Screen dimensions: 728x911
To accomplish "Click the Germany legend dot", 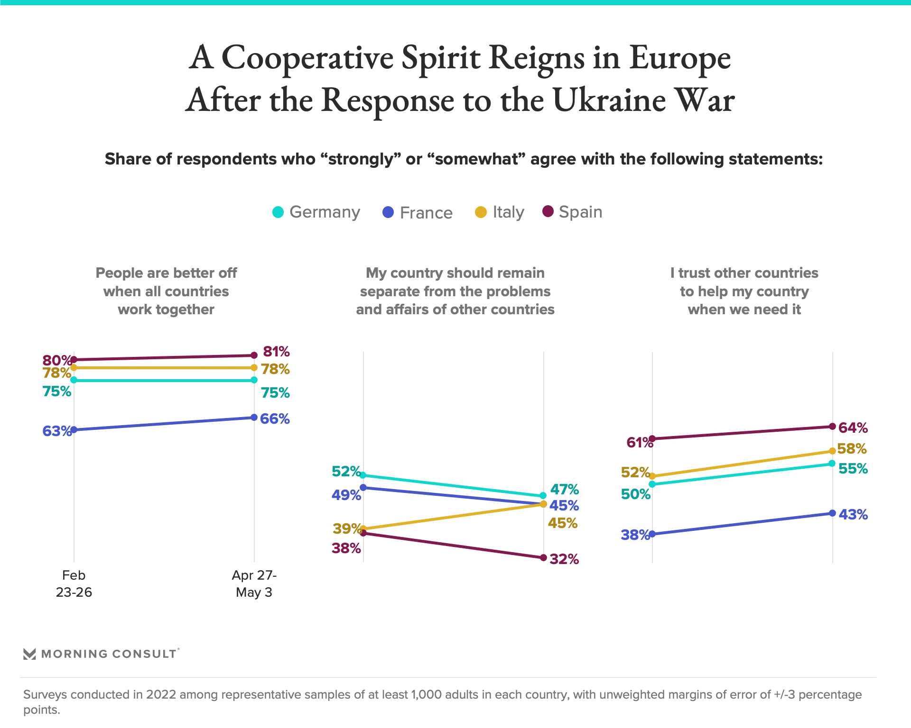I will point(278,212).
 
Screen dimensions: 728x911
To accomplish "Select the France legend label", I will point(426,213).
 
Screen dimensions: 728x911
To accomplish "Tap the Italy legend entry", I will point(508,212).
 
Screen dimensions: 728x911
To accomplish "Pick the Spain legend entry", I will point(580,212).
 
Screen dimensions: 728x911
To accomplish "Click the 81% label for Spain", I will point(276,352).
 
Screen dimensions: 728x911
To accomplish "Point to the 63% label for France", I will point(56,431).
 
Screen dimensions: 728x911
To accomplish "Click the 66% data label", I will point(275,419).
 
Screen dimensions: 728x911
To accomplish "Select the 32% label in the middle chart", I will point(564,559).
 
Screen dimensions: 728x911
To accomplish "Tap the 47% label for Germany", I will point(564,489).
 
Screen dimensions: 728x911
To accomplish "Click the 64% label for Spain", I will point(853,428).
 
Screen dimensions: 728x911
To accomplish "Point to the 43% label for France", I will point(853,515).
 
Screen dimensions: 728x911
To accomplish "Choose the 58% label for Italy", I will point(852,449).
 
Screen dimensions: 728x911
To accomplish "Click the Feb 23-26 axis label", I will point(74,584).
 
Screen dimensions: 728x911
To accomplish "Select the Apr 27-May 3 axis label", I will point(254,584).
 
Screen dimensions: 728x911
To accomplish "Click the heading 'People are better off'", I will point(166,273).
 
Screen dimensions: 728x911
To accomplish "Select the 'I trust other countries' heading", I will point(744,273).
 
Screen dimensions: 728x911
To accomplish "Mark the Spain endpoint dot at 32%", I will point(544,557).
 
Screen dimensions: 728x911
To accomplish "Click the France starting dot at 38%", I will point(652,534).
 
